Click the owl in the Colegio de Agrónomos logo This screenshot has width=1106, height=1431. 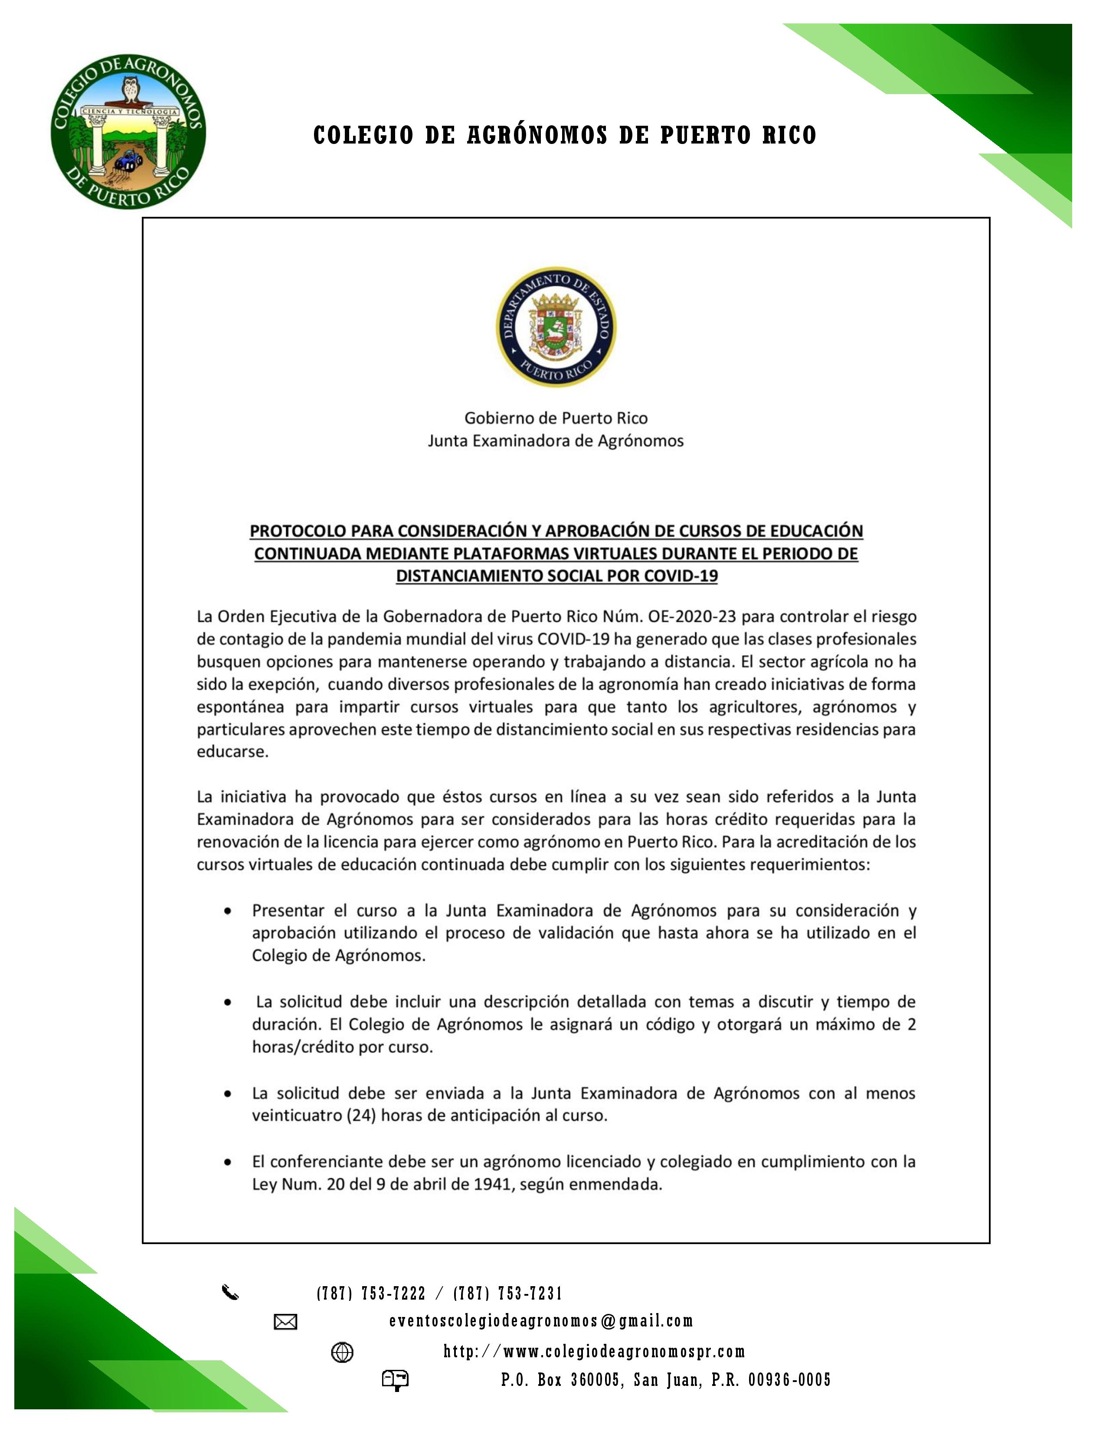[x=132, y=90]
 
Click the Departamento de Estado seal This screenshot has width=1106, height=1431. [x=556, y=326]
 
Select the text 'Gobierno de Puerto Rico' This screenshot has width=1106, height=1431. [x=556, y=418]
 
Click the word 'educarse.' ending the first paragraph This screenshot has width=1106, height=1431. [x=232, y=751]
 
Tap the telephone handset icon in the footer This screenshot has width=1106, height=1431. [x=230, y=1293]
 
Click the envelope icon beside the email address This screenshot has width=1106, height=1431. [x=285, y=1322]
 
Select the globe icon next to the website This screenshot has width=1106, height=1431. [x=342, y=1352]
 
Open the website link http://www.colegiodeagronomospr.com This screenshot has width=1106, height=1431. [x=594, y=1351]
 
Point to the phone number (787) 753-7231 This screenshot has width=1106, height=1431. [x=508, y=1294]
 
